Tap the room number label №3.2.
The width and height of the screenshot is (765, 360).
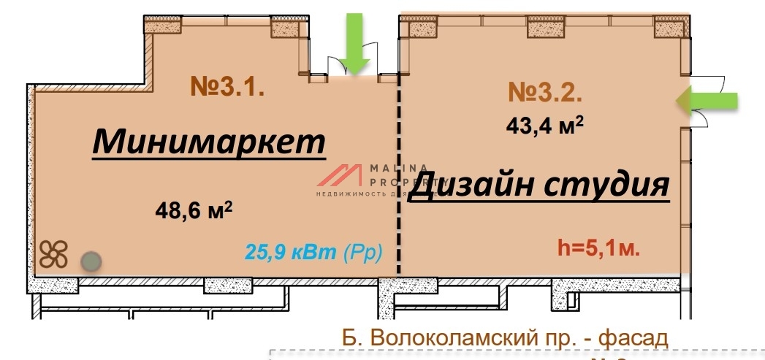pos(545,93)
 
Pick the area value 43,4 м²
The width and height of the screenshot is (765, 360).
pos(545,126)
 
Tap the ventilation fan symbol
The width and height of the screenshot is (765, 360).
pos(54,255)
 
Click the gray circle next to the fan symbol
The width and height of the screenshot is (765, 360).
pos(90,259)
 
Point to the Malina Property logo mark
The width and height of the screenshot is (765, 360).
pos(340,176)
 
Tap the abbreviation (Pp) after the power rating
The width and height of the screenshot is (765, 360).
pos(362,252)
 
